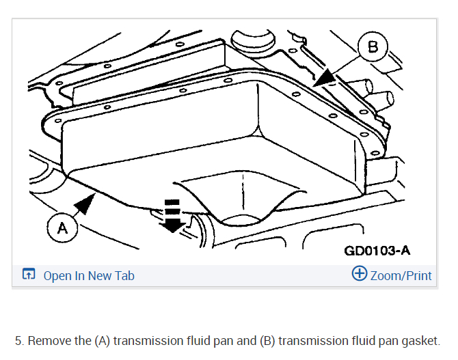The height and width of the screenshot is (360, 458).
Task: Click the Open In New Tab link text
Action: (x=89, y=276)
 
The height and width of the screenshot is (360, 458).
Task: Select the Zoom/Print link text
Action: (x=401, y=276)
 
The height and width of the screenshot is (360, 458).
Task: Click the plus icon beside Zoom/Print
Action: (x=360, y=275)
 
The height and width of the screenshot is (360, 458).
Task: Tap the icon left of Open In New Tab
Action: (x=29, y=275)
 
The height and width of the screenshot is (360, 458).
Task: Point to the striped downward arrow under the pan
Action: (x=174, y=215)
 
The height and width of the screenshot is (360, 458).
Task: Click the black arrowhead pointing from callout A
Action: (x=86, y=203)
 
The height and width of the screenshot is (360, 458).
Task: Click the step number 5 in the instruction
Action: (x=18, y=341)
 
